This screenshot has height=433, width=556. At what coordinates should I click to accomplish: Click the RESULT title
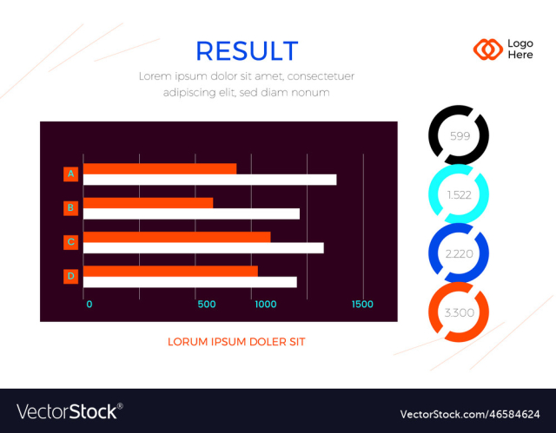(x=247, y=51)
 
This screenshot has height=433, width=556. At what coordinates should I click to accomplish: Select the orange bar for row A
(x=160, y=168)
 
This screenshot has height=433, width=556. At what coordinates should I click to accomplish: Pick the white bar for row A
(x=209, y=180)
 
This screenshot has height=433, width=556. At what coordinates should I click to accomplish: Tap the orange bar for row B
(x=148, y=202)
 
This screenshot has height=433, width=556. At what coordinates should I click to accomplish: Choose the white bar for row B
(x=191, y=213)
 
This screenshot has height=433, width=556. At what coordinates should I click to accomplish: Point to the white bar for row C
(x=203, y=247)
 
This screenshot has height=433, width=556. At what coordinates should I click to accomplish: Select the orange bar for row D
(x=170, y=271)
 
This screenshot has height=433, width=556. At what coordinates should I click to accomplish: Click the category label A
(x=70, y=174)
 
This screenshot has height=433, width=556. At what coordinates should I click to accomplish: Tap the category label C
(x=70, y=242)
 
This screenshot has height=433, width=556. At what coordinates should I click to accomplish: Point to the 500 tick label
(x=207, y=305)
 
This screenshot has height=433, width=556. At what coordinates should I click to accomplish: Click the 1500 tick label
(x=362, y=305)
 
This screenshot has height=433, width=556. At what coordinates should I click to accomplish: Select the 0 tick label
(x=89, y=305)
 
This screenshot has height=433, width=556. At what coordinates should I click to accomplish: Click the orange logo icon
(x=487, y=49)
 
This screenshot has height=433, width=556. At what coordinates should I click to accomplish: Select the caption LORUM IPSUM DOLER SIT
(x=236, y=342)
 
